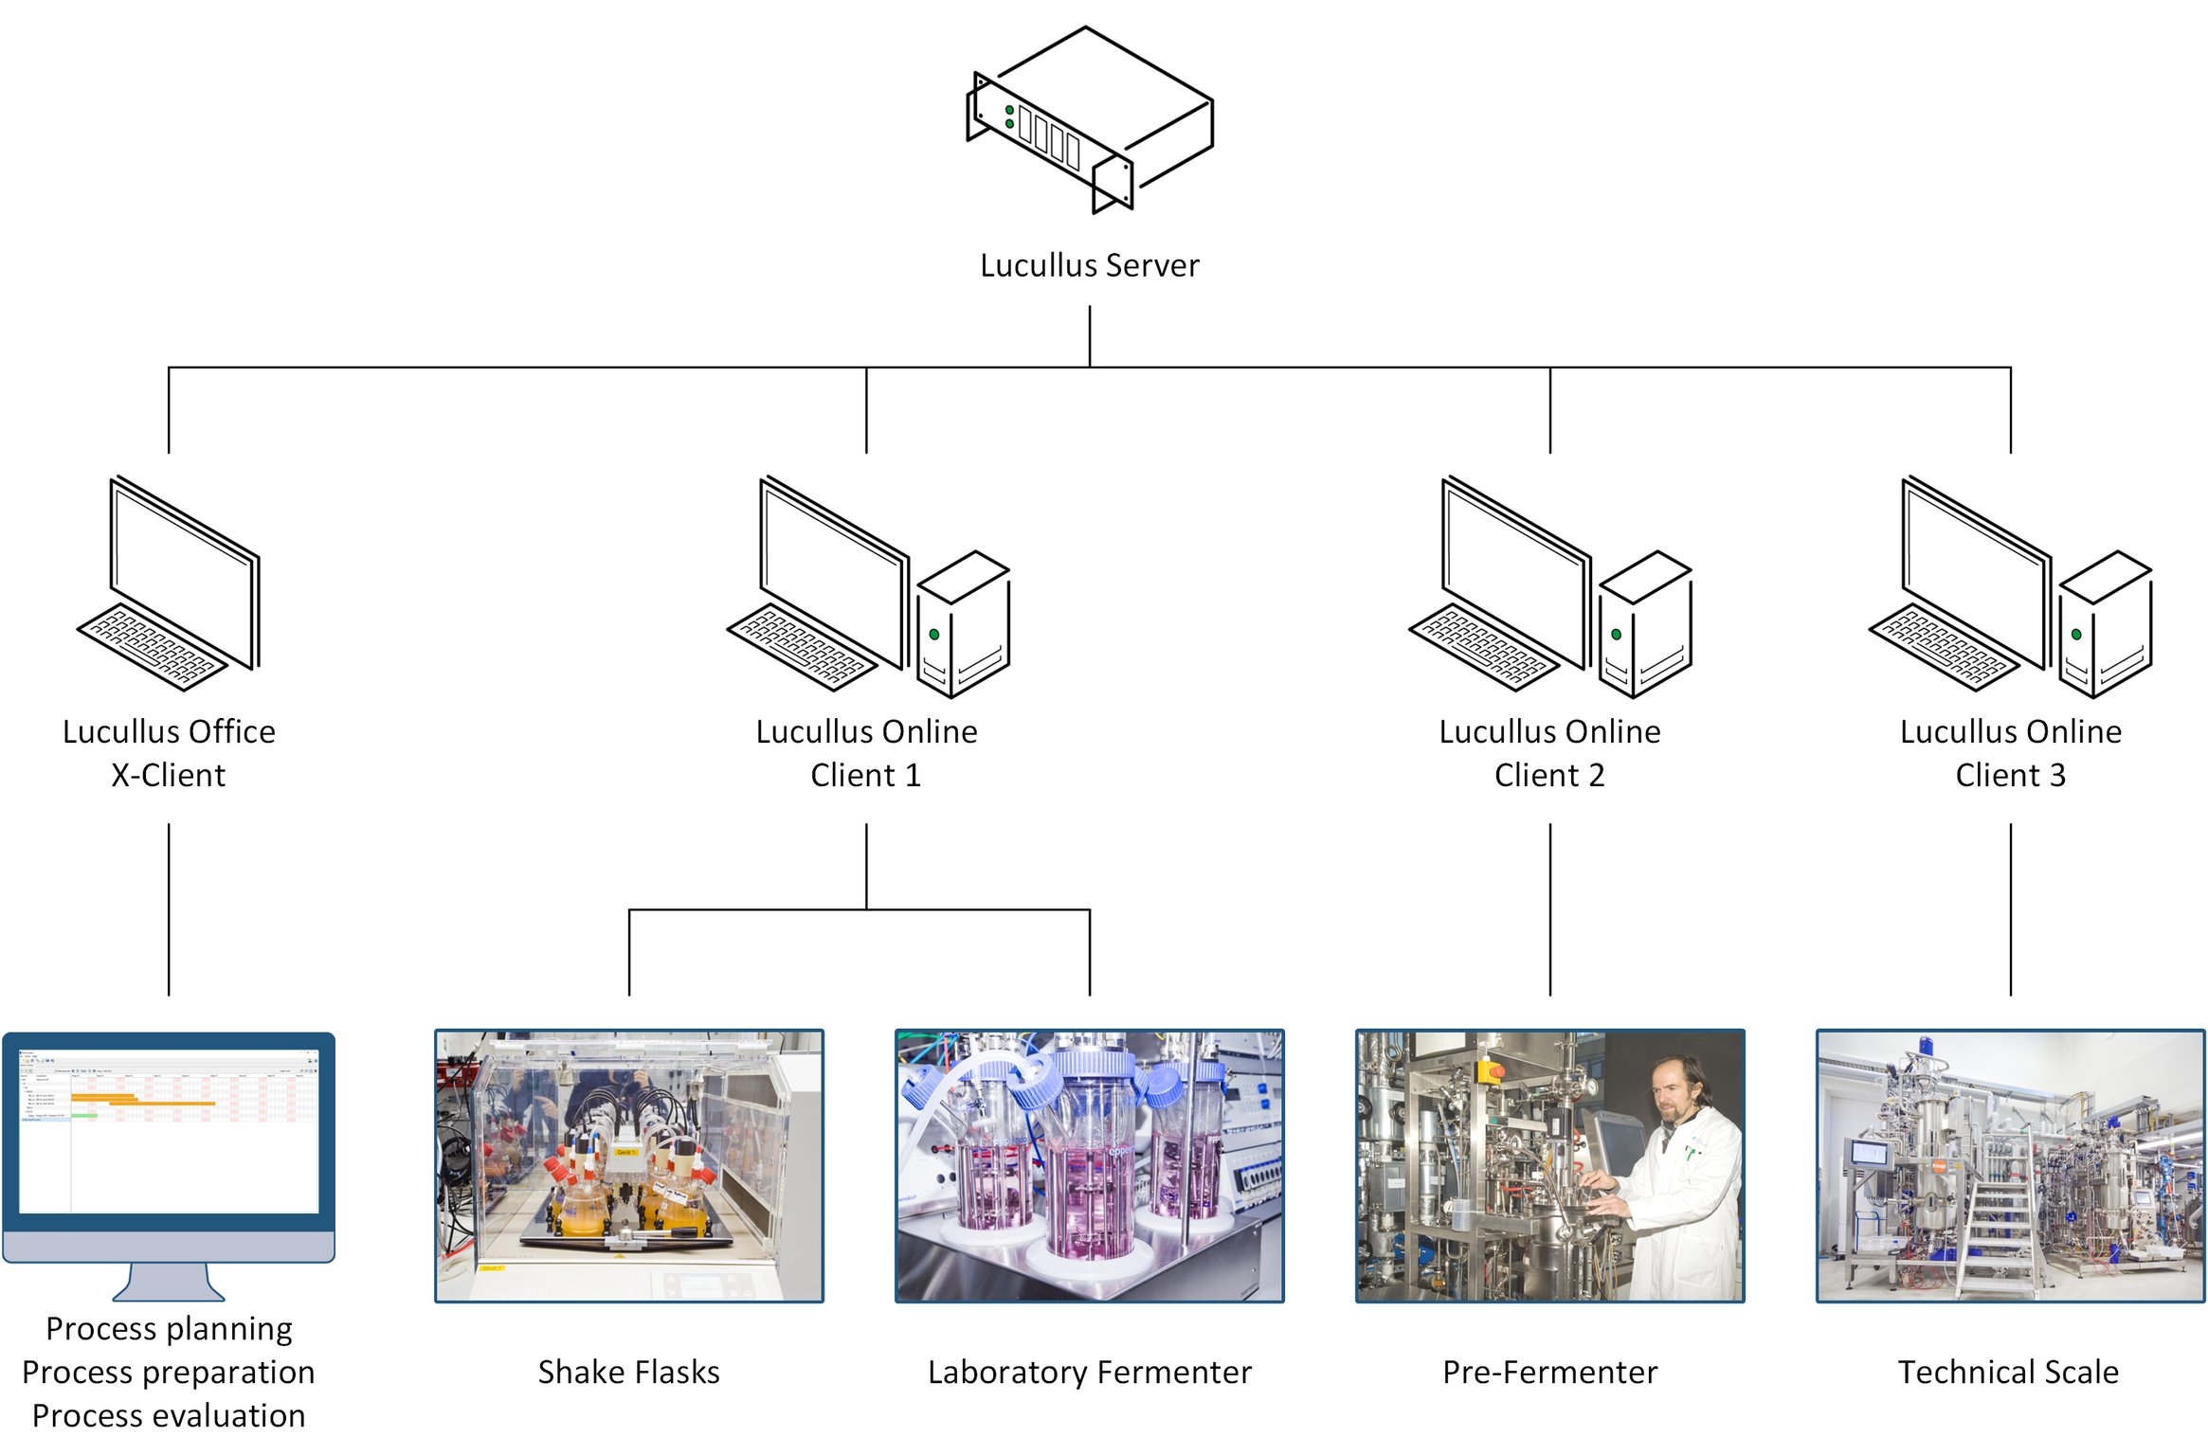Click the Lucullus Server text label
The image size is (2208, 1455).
click(x=1089, y=265)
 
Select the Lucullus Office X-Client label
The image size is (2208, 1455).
click(x=169, y=753)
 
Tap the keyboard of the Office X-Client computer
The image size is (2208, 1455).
click(x=152, y=647)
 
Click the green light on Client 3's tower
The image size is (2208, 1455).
click(x=2076, y=635)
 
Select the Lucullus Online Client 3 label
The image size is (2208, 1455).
click(x=2010, y=753)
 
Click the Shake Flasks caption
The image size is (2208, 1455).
click(x=628, y=1372)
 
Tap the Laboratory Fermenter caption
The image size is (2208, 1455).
click(x=1089, y=1372)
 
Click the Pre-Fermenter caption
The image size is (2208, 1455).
click(x=1549, y=1372)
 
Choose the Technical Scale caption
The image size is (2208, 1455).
click(x=2008, y=1372)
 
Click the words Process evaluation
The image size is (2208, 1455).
click(x=169, y=1415)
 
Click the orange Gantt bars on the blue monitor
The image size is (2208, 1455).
click(x=142, y=1101)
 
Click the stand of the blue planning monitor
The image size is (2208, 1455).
click(x=169, y=1283)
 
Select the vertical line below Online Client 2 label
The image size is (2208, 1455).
click(x=1550, y=909)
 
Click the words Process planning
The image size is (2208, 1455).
click(x=169, y=1328)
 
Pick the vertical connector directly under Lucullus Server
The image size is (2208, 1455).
click(x=1090, y=335)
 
